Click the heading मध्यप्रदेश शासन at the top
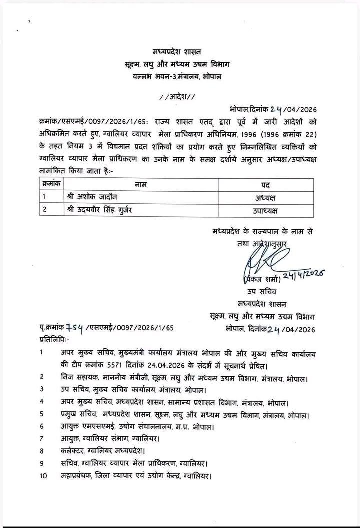point(181,51)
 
